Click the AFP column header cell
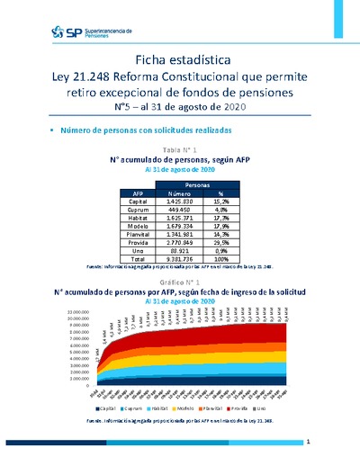click(138, 193)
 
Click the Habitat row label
click(139, 220)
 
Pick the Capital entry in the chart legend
click(108, 408)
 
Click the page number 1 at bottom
click(307, 442)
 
